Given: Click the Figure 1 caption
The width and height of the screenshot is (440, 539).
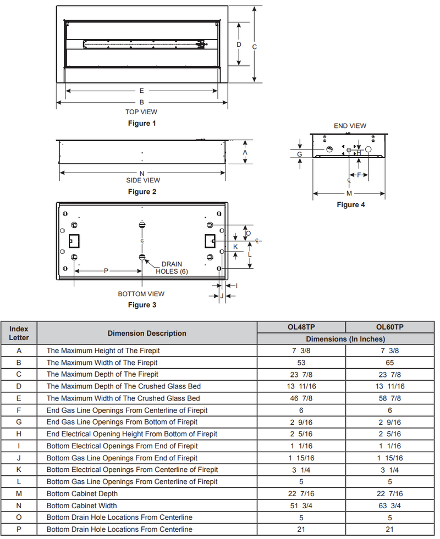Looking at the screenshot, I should tap(142, 124).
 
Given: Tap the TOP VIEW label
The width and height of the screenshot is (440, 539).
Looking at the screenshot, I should tap(141, 112).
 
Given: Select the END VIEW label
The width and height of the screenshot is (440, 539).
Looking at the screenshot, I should tap(350, 126).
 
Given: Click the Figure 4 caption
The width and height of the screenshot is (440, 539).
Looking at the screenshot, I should tap(350, 205).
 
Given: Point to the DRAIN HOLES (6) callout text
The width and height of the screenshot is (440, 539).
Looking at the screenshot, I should tap(172, 268).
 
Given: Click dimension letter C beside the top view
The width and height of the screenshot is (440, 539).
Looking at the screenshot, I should tap(255, 47).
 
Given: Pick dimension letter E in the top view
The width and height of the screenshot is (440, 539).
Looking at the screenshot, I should tap(141, 91).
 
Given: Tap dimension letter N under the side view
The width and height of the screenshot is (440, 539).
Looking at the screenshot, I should tap(142, 173).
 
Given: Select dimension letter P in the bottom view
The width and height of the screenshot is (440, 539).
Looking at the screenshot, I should tap(106, 271).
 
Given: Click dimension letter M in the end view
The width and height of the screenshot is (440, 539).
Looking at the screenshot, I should tap(349, 193).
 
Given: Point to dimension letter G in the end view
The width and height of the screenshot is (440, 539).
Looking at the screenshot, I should tap(300, 154).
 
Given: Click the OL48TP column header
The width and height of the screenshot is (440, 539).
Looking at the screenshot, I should tap(301, 327).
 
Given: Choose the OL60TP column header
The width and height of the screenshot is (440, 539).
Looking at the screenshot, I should tap(390, 327).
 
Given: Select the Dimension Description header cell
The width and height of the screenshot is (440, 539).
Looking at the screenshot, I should tap(147, 333).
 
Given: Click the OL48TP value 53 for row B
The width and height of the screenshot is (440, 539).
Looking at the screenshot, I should tap(301, 363).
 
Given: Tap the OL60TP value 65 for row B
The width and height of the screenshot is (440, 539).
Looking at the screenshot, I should tap(390, 363).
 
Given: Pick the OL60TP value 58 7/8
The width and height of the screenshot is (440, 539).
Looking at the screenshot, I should tap(390, 398).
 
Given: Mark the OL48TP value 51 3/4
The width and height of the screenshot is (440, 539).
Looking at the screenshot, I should tap(301, 505).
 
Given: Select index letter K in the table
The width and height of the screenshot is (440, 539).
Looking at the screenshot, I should tap(19, 470).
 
